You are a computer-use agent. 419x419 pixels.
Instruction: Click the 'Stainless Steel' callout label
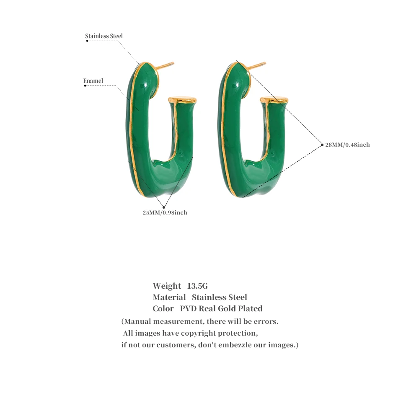pos(103,36)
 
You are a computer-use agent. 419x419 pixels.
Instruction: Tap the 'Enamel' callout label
pos(93,81)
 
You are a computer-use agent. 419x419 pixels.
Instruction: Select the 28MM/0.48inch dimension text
pos(347,145)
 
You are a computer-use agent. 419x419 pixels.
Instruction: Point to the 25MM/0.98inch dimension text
pos(165,213)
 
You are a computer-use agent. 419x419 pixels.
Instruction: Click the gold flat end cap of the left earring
pos(183,99)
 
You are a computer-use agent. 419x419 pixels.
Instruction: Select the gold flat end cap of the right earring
pos(274,99)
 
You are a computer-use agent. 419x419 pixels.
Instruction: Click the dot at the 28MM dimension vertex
pos(322,145)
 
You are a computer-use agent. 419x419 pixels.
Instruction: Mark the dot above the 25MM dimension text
pos(164,207)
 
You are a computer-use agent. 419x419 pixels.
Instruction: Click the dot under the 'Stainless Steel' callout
pos(87,41)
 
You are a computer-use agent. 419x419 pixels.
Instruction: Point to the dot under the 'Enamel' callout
pos(85,85)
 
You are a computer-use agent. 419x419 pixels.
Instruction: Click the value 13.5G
pos(197,286)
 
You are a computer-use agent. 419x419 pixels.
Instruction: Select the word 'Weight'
pos(167,286)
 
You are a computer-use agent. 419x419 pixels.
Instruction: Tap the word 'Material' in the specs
pos(169,297)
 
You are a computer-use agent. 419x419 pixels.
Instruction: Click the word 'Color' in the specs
pos(163,309)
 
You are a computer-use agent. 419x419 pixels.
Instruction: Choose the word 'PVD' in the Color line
pos(188,309)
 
